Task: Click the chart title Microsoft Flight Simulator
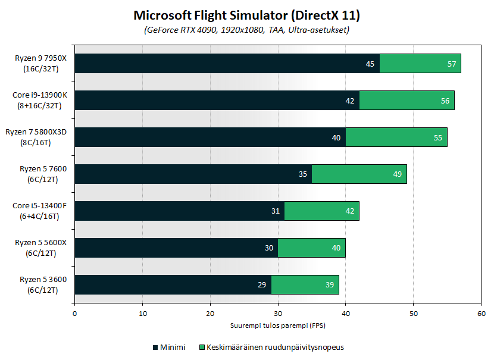coord(247,15)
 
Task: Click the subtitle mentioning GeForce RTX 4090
coord(247,30)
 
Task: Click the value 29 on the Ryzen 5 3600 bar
coord(262,285)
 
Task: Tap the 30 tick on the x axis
coord(278,313)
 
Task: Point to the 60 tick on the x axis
coord(482,313)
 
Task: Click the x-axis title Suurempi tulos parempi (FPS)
coord(278,325)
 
